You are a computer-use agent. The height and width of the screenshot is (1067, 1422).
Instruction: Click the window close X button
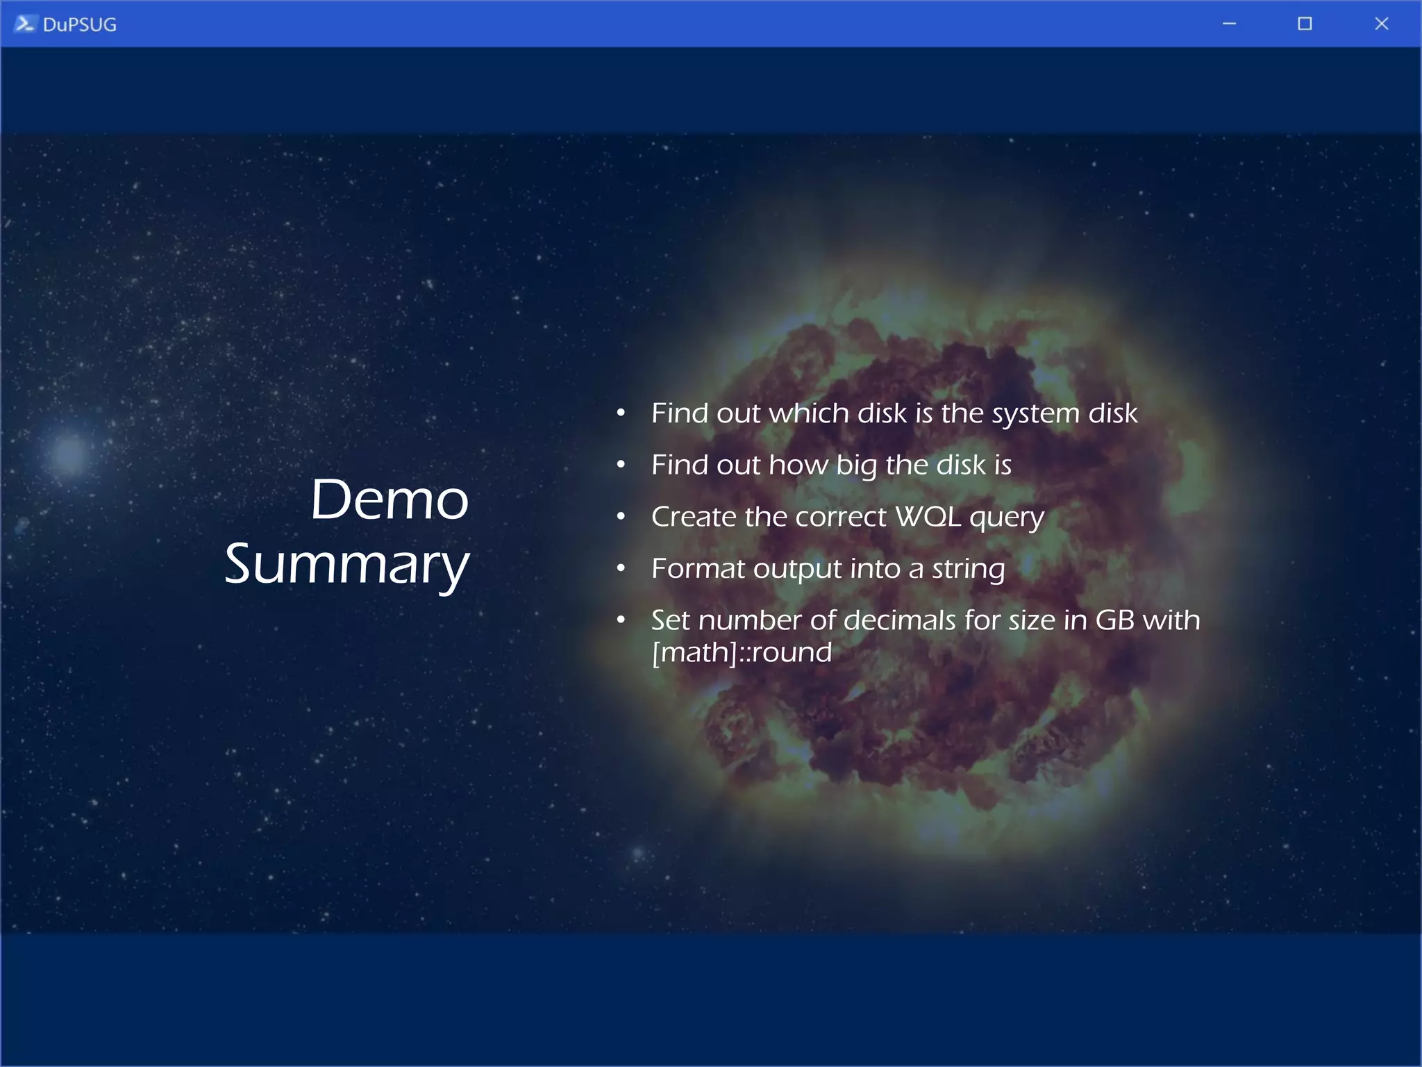point(1381,24)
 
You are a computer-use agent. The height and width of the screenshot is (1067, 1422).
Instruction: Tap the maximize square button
point(1305,24)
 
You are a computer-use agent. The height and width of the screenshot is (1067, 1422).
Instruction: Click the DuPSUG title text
point(79,24)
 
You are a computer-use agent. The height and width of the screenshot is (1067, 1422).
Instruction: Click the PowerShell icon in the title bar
point(24,24)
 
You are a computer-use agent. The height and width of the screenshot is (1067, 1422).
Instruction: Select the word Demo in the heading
point(389,499)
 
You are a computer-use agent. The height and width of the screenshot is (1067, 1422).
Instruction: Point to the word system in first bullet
point(1035,413)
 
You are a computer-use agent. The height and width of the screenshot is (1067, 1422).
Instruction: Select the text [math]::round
point(742,652)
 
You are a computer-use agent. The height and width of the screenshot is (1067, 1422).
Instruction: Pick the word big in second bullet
point(857,465)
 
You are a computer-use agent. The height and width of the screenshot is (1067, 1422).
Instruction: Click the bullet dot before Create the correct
point(621,516)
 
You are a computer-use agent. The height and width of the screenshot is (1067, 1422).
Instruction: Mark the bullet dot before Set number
point(621,619)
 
